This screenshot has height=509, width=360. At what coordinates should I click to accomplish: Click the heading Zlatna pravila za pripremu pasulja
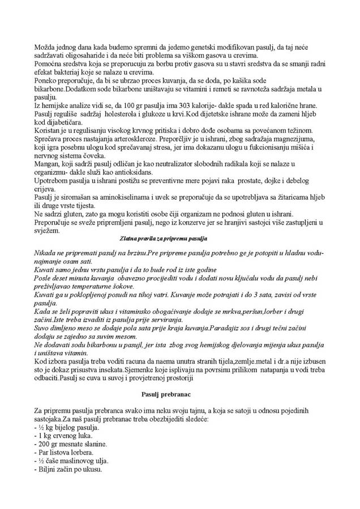coord(164,239)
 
